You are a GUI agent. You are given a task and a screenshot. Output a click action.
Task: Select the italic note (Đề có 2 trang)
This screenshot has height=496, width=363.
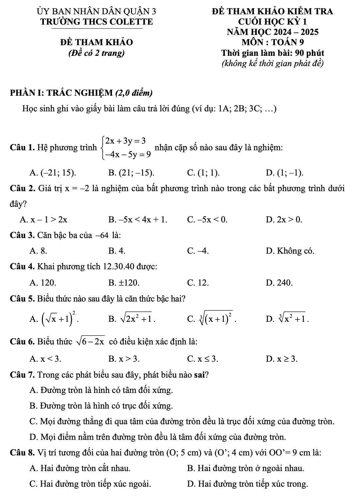tap(96, 53)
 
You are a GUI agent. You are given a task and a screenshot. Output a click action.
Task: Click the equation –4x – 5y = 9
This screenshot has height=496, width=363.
tap(128, 154)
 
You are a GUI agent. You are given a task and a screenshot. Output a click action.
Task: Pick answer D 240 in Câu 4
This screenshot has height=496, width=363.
tap(280, 283)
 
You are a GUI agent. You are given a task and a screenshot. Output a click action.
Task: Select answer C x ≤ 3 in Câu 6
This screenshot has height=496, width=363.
tap(203, 359)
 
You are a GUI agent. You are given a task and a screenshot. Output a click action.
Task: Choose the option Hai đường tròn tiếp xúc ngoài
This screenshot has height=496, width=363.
tap(90, 484)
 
